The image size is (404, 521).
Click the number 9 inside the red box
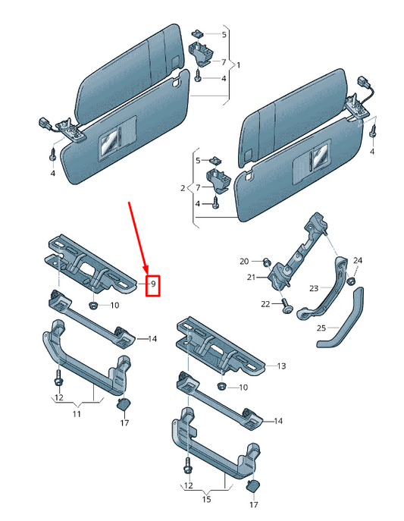[x=153, y=284]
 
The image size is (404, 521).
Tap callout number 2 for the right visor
[x=182, y=187]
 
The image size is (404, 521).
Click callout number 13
[x=280, y=366]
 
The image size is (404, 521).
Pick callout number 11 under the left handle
[x=76, y=415]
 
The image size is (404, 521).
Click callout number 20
[x=244, y=262]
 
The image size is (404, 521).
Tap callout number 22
[x=265, y=304]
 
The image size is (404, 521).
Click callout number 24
[x=358, y=261]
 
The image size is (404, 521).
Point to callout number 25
[x=321, y=328]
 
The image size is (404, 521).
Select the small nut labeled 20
[x=267, y=262]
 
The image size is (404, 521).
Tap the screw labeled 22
[x=287, y=307]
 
